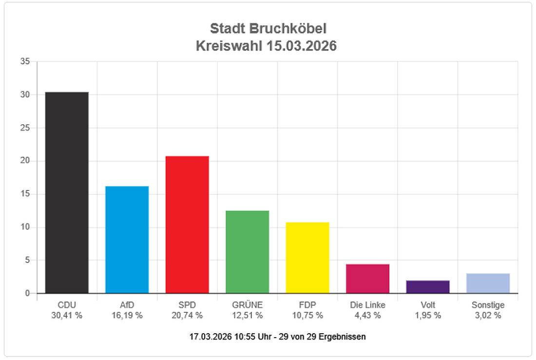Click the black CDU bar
coord(67,192)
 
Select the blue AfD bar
coord(127,240)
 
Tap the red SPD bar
coord(187,225)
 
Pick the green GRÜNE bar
coord(248,252)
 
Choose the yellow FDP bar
coord(307,258)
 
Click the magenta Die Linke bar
coord(367,279)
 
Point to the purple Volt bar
coord(428,287)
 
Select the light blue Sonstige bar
coord(488,284)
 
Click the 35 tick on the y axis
coord(25,61)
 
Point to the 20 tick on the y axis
coord(25,161)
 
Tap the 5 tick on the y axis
coord(28,260)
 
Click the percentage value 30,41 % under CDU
coord(67,316)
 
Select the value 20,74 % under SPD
coord(187,316)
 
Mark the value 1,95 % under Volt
coord(428,316)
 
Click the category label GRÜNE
coord(248,305)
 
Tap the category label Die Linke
coord(367,305)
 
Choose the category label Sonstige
coord(488,305)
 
